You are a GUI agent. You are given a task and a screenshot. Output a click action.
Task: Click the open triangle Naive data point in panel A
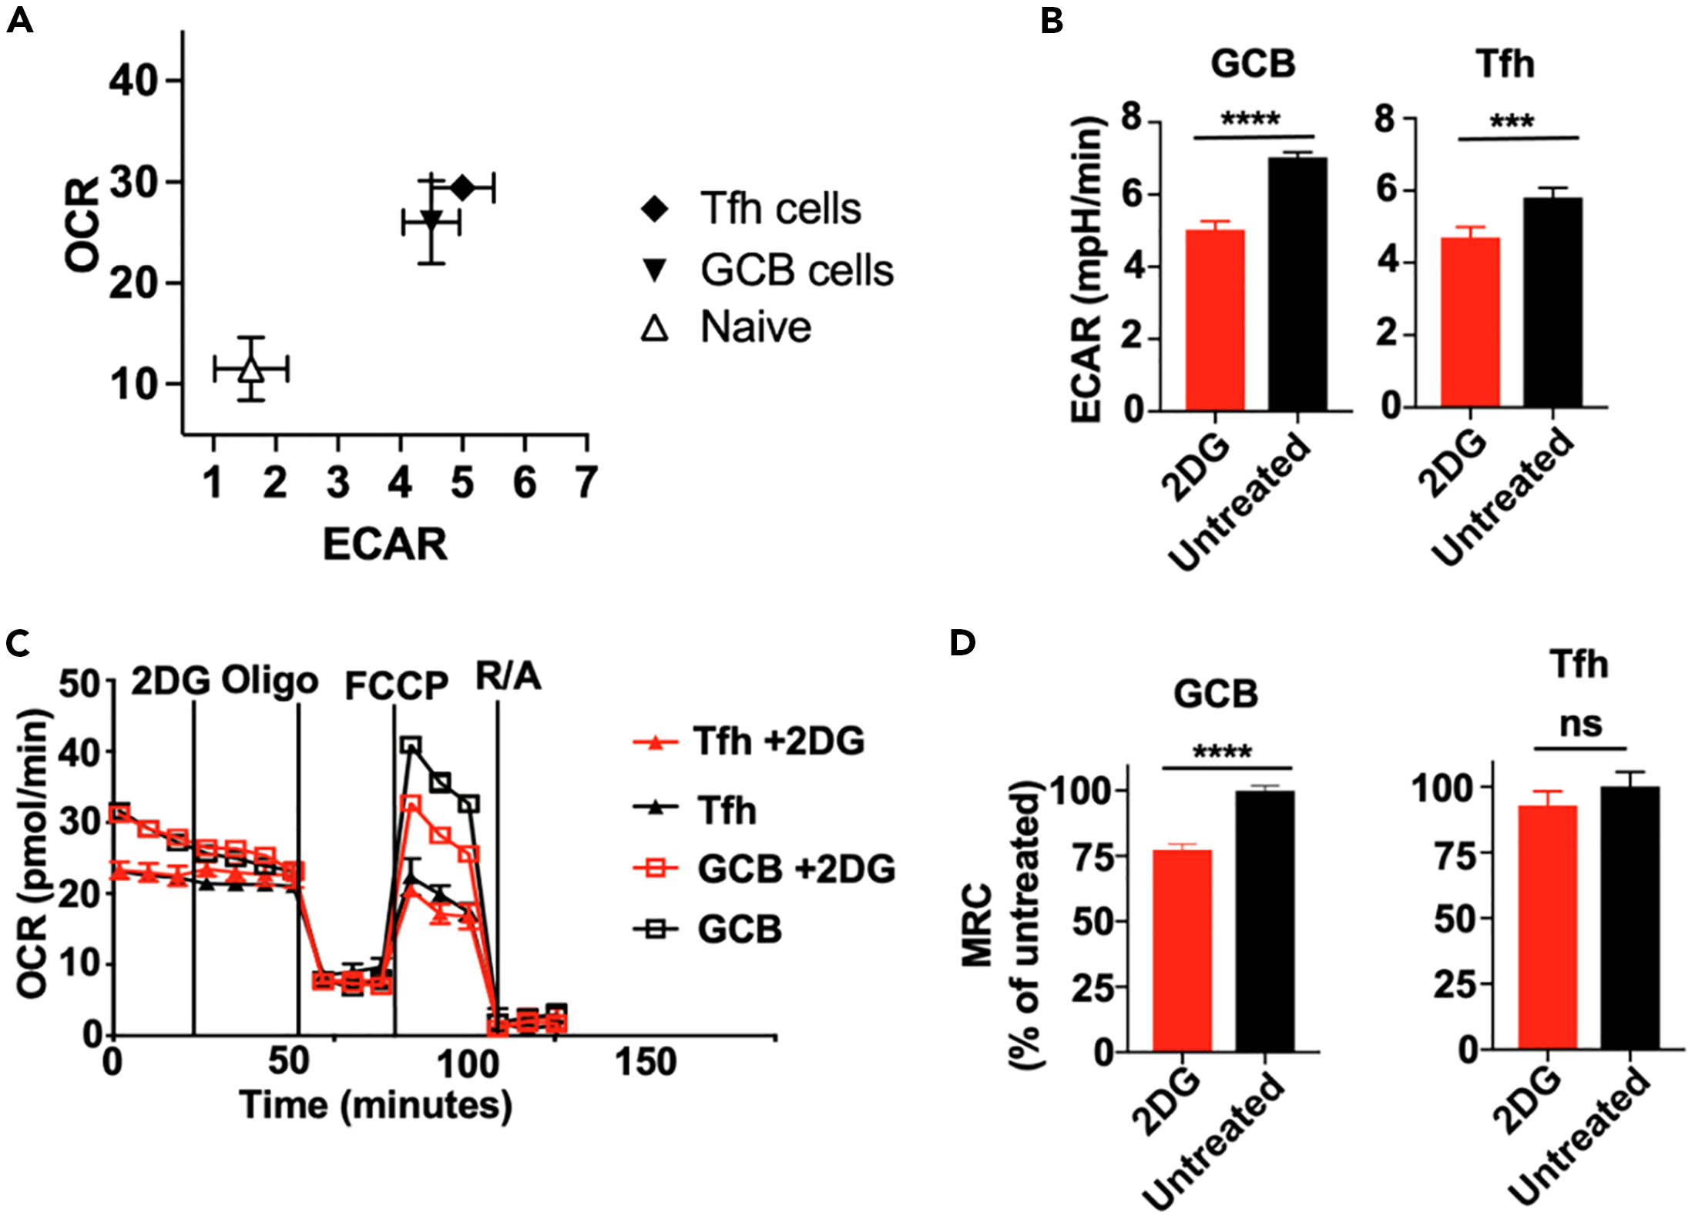(251, 370)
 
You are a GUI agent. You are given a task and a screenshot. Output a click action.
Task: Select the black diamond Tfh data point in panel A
(462, 187)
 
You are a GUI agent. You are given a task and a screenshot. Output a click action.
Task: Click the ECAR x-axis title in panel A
(384, 544)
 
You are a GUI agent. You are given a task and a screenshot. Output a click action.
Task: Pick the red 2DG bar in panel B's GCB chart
(1215, 320)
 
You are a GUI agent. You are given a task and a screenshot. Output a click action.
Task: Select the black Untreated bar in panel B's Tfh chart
(1552, 302)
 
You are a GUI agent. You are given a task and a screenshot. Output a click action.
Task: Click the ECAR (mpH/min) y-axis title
(1086, 270)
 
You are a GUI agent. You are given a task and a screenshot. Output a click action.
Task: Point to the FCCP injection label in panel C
(396, 685)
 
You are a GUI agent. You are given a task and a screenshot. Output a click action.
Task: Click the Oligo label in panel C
(270, 681)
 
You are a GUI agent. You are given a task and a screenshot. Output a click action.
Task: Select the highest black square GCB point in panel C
(411, 745)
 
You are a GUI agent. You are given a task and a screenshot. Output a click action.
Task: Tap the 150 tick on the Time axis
(646, 1062)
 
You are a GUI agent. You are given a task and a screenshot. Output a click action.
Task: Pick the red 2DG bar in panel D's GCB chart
(1182, 950)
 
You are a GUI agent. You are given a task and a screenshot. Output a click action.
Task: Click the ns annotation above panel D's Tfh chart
(1580, 725)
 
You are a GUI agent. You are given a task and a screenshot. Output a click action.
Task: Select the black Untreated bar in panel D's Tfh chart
(1630, 918)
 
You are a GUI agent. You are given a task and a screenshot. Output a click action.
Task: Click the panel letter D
(963, 641)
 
